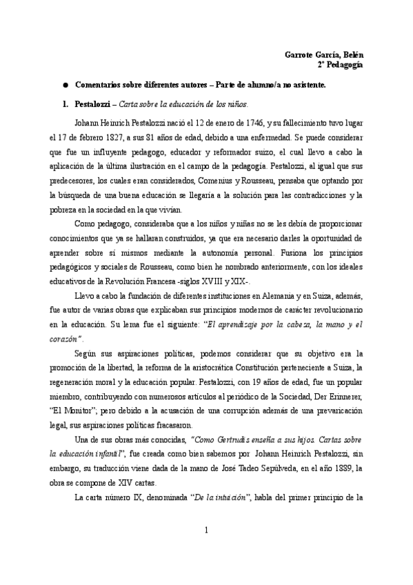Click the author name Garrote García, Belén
pos(325,54)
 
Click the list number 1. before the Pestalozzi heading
pos(65,105)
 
